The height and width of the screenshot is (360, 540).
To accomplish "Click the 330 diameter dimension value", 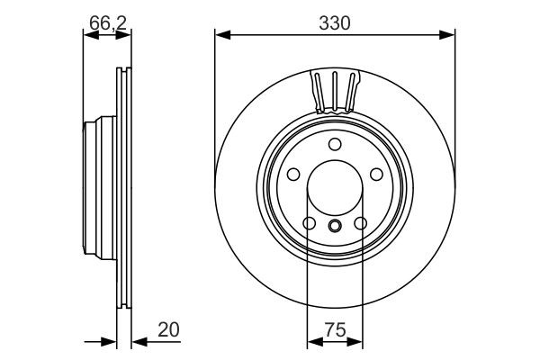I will (334, 22).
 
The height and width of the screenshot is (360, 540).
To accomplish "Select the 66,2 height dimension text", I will (107, 22).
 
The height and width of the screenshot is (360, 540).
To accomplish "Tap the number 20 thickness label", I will (168, 330).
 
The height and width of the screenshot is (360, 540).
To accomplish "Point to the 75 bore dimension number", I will (335, 330).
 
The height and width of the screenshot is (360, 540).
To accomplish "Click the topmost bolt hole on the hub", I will (334, 145).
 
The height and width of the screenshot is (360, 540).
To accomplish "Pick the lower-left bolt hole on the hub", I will (309, 223).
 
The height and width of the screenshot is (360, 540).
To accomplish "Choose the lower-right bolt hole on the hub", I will (360, 223).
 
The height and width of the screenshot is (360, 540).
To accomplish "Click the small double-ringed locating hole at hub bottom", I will (334, 226).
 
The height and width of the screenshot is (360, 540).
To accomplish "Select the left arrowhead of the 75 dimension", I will (313, 342).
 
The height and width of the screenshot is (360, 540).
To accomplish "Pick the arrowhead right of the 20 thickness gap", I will (138, 342).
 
